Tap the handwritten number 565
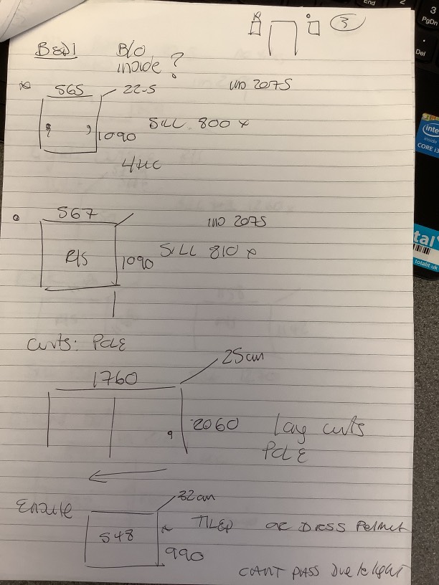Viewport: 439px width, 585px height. tap(71, 90)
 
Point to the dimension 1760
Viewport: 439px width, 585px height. tap(115, 377)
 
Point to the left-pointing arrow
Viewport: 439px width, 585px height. tap(126, 474)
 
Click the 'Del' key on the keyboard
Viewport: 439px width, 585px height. tap(421, 52)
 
